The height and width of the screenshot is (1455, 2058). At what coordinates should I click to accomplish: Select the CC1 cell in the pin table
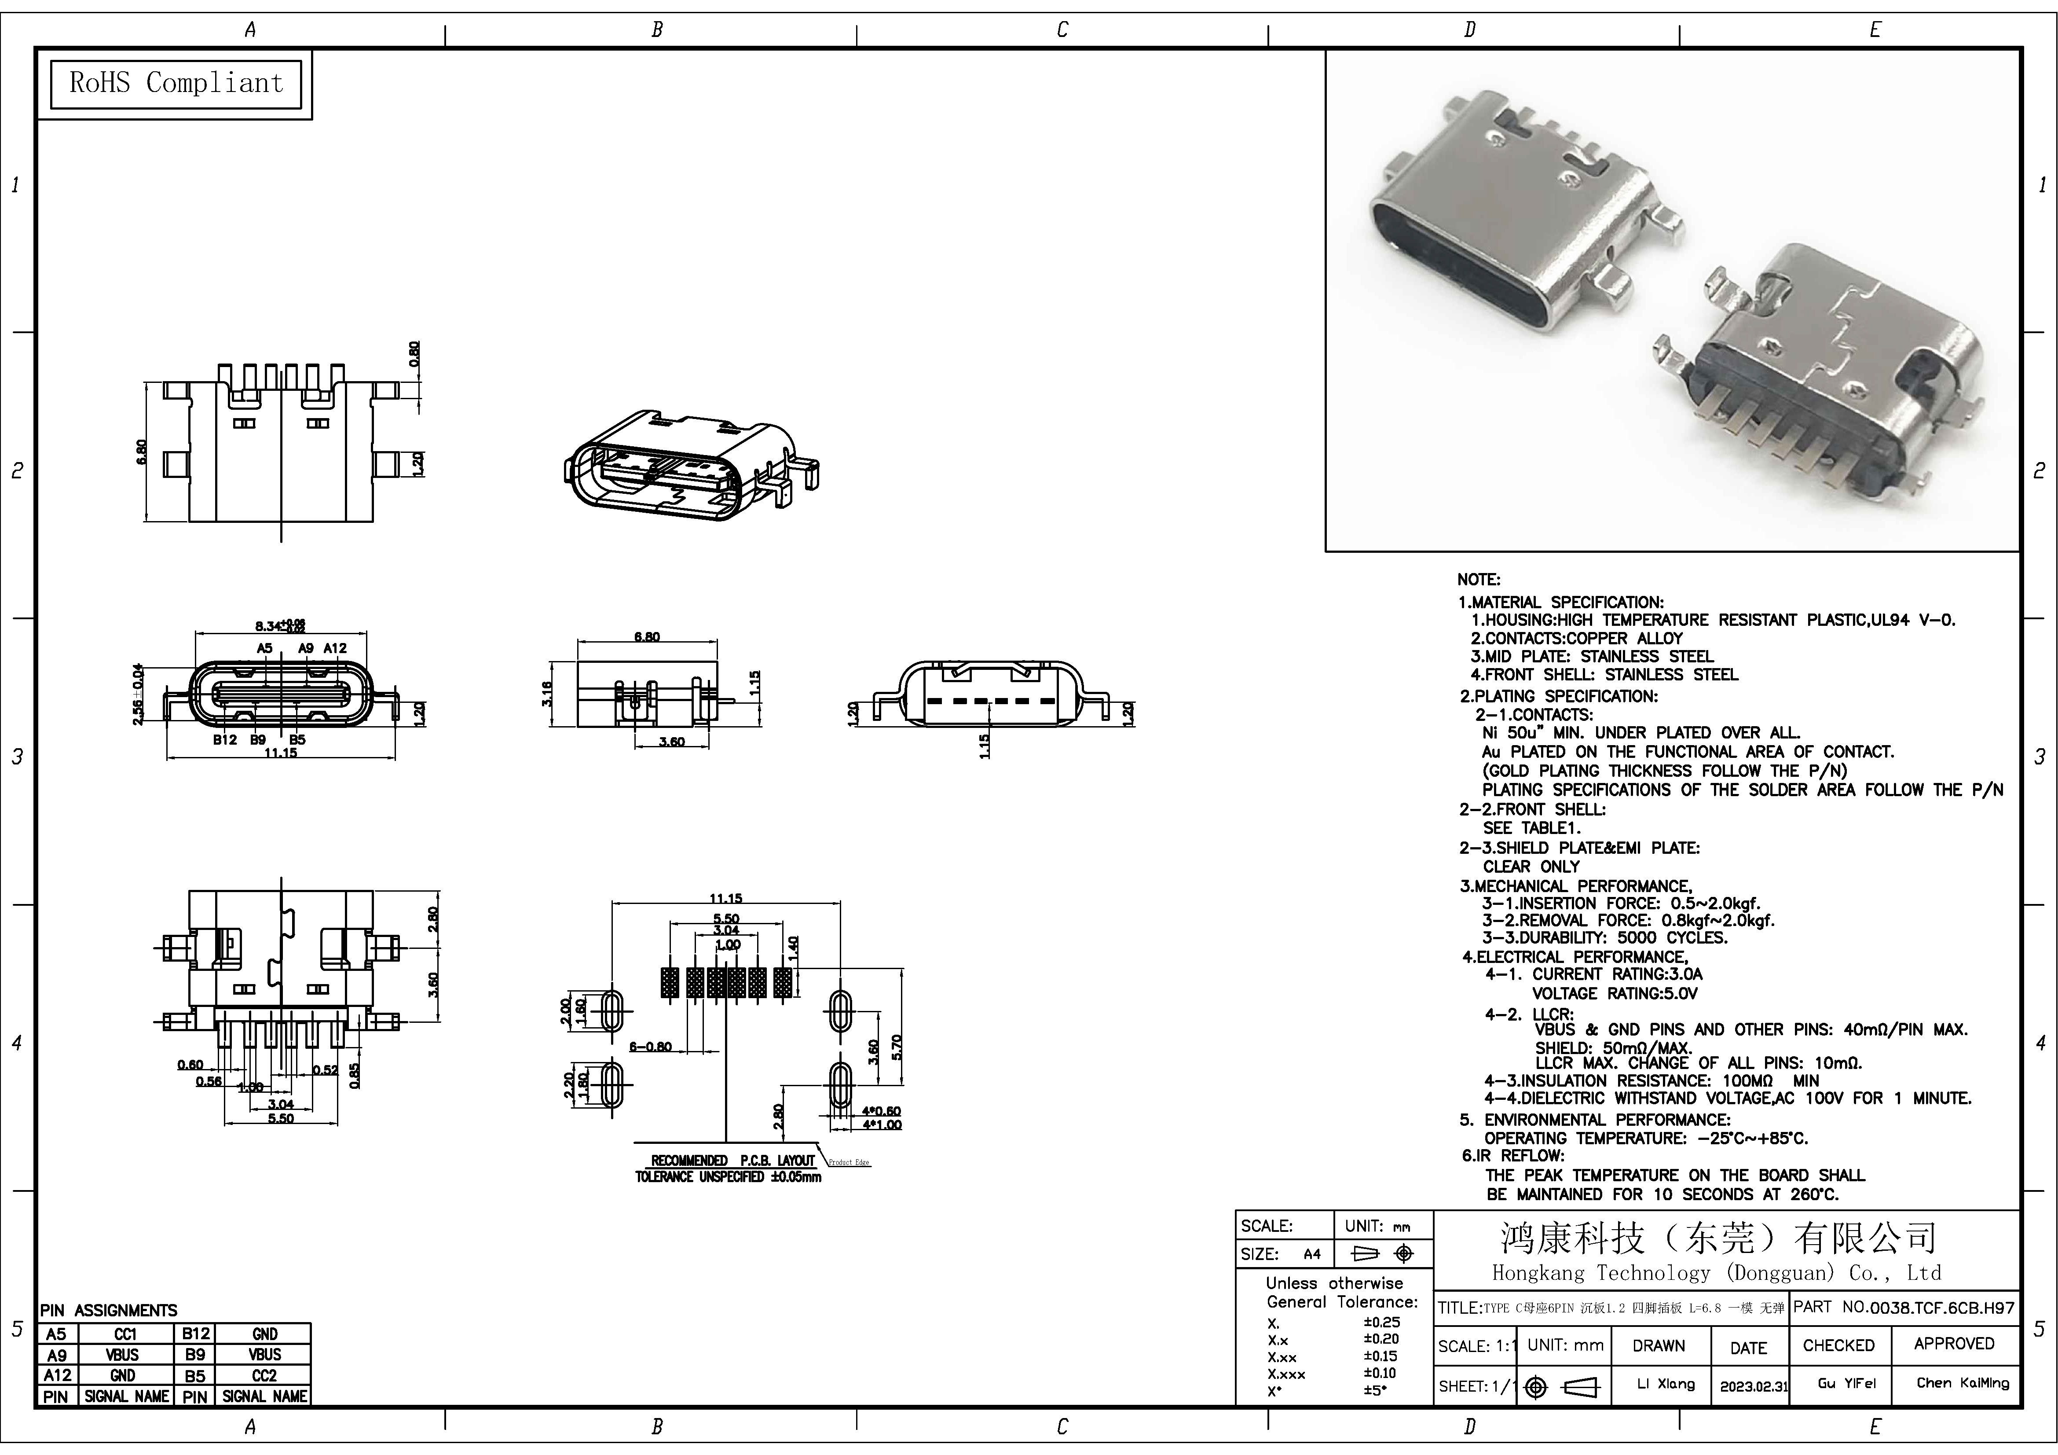tap(125, 1334)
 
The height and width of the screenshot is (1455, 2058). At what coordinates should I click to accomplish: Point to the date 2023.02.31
tap(1753, 1385)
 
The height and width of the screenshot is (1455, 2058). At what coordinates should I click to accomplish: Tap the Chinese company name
tap(1717, 1238)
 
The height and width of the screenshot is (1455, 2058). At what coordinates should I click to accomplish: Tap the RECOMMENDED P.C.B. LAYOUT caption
tap(732, 1160)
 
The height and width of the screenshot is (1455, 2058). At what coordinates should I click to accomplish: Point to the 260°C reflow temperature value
tap(1813, 1194)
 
